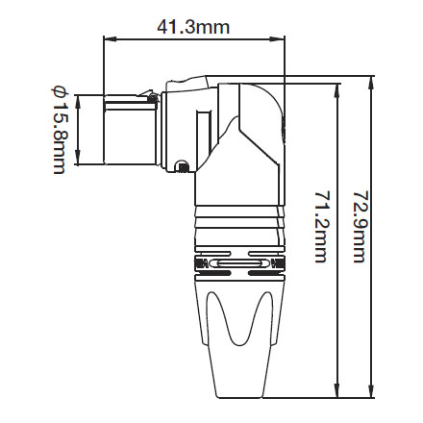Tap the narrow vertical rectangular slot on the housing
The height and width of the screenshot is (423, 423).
pos(202,140)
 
